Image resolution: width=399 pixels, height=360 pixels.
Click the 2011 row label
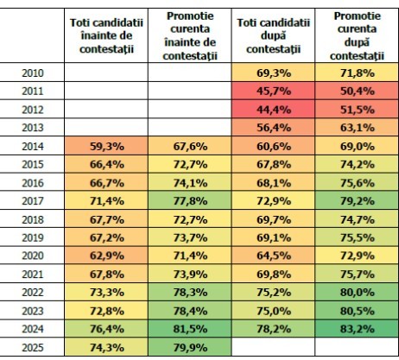tap(33, 92)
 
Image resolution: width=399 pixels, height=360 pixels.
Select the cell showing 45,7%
tap(273, 92)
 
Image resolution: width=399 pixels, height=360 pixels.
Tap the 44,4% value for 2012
tap(273, 110)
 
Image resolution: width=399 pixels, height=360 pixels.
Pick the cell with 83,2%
tap(357, 329)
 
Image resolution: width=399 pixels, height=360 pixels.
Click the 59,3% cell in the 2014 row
tap(106, 146)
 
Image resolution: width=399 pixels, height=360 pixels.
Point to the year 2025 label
tap(33, 347)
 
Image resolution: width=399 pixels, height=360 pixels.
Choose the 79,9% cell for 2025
tap(190, 347)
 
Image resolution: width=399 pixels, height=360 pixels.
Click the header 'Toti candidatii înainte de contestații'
tap(106, 35)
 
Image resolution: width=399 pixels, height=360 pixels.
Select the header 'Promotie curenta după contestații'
tap(357, 35)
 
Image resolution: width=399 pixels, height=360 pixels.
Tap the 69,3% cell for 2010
tap(273, 73)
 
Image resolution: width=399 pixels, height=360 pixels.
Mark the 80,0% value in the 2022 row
tap(357, 292)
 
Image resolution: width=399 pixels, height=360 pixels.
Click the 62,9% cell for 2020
tap(106, 256)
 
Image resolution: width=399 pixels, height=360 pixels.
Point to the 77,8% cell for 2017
tap(190, 200)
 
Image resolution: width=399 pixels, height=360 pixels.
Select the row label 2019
tap(33, 237)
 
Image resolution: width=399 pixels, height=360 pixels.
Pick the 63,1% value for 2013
tap(357, 127)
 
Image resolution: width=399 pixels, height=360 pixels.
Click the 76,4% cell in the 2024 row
tap(106, 329)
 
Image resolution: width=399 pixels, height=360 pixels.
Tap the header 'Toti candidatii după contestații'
tap(273, 35)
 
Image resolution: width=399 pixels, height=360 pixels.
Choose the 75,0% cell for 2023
tap(273, 311)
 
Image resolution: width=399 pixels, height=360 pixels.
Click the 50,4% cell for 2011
tap(357, 92)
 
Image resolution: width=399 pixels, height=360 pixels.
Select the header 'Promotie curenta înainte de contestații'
tap(190, 35)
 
